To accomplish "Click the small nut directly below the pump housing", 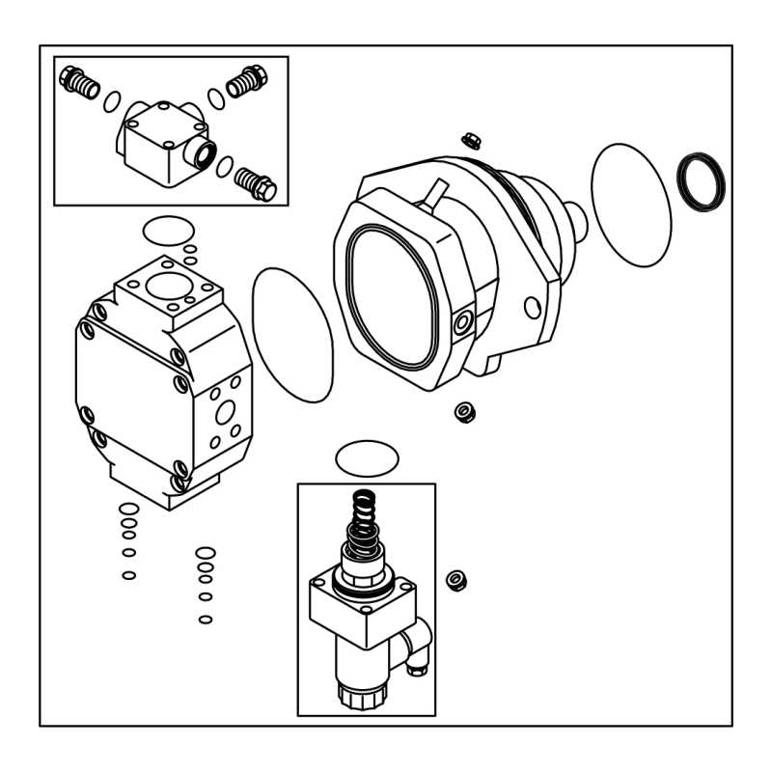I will tap(464, 412).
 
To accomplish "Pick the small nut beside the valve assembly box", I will tap(456, 581).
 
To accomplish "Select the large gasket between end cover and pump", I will tap(291, 334).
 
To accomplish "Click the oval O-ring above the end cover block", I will tap(167, 232).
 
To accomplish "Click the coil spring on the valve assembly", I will tap(364, 520).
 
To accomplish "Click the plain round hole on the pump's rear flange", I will tap(532, 308).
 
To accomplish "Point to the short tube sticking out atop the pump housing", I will tap(430, 197).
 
